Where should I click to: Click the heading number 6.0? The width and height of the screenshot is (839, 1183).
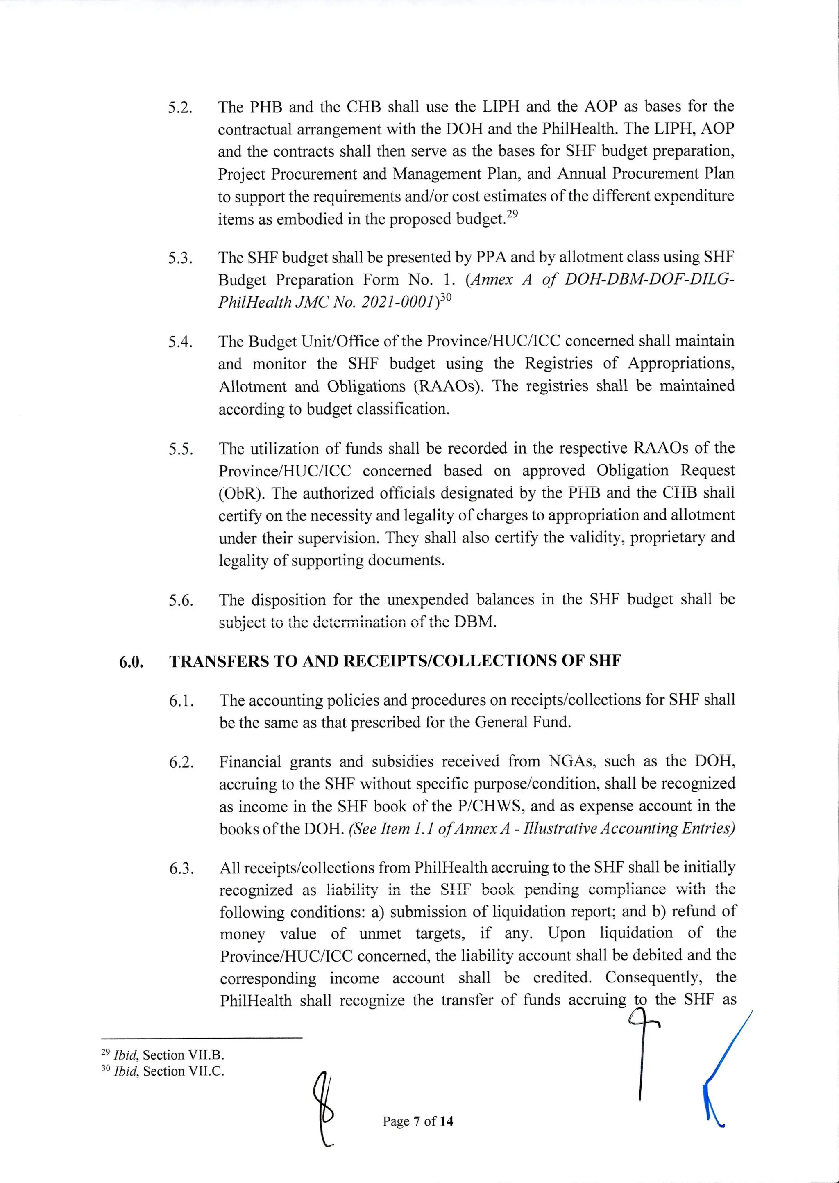tap(131, 662)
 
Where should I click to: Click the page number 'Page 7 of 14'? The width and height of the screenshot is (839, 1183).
tap(418, 1121)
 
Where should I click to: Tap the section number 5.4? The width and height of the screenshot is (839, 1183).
tap(180, 343)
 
